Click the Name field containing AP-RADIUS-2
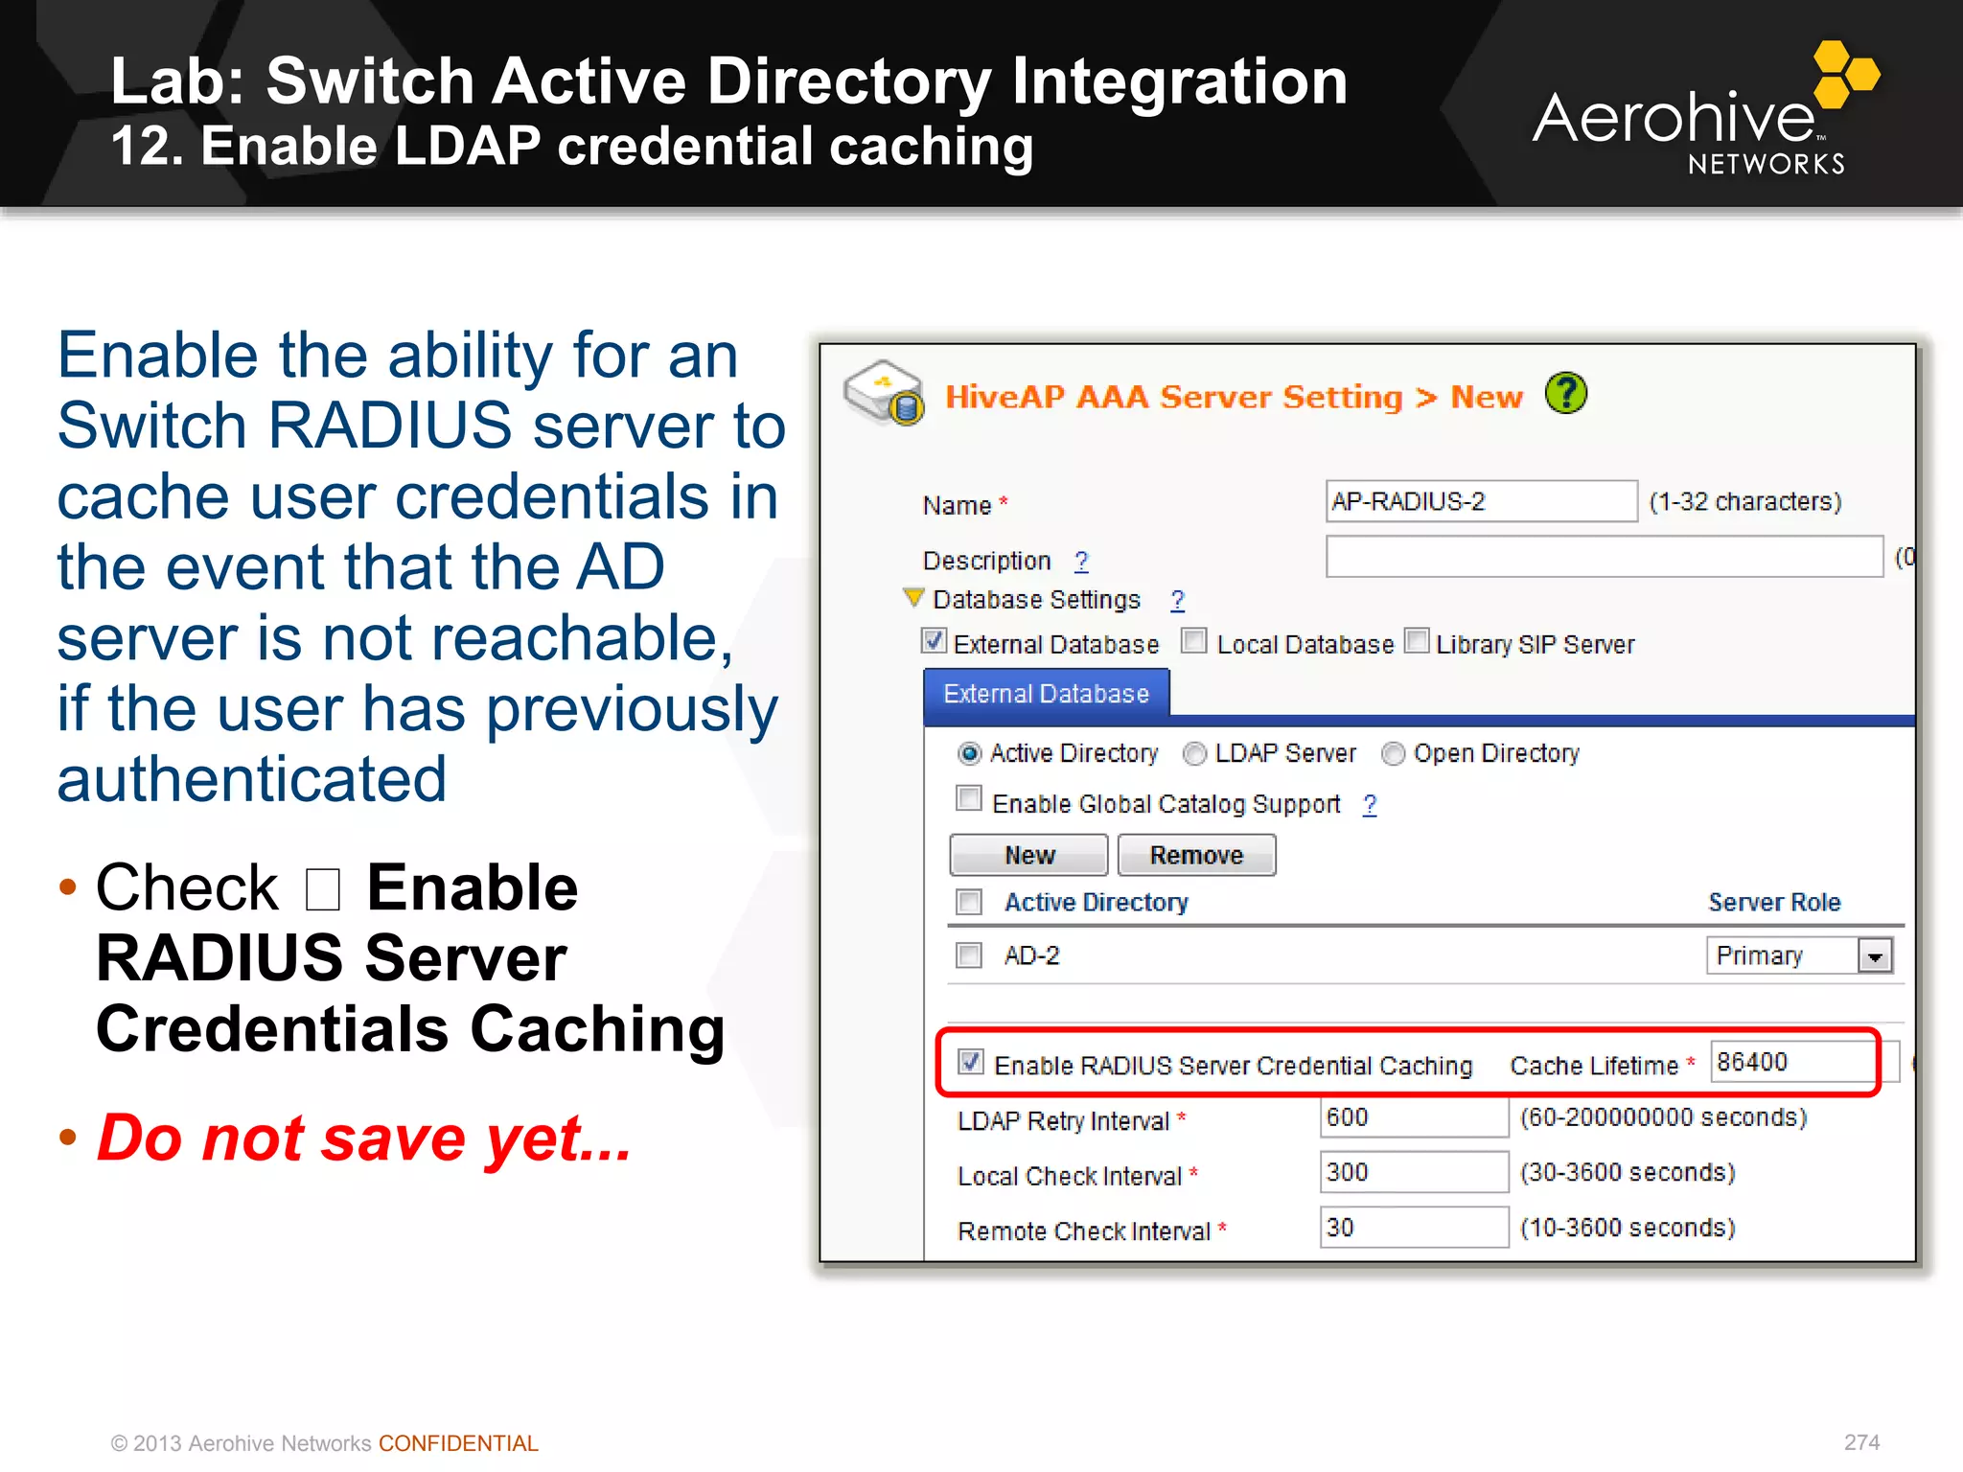[1480, 501]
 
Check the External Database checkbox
[934, 640]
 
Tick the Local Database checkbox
[1193, 640]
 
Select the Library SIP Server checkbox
[1416, 640]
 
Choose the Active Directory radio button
[970, 754]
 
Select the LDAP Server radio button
[1194, 754]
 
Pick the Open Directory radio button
[1393, 754]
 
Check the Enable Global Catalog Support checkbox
[969, 799]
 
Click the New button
[1028, 855]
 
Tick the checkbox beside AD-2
[969, 955]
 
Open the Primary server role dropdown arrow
[1875, 955]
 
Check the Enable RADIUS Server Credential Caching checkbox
[970, 1062]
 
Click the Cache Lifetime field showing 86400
[1790, 1062]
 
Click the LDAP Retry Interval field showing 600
[1413, 1117]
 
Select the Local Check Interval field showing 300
[1413, 1172]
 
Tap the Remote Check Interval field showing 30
[1413, 1228]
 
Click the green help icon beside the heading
[1566, 393]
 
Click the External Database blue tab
[1046, 693]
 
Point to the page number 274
[1861, 1442]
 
